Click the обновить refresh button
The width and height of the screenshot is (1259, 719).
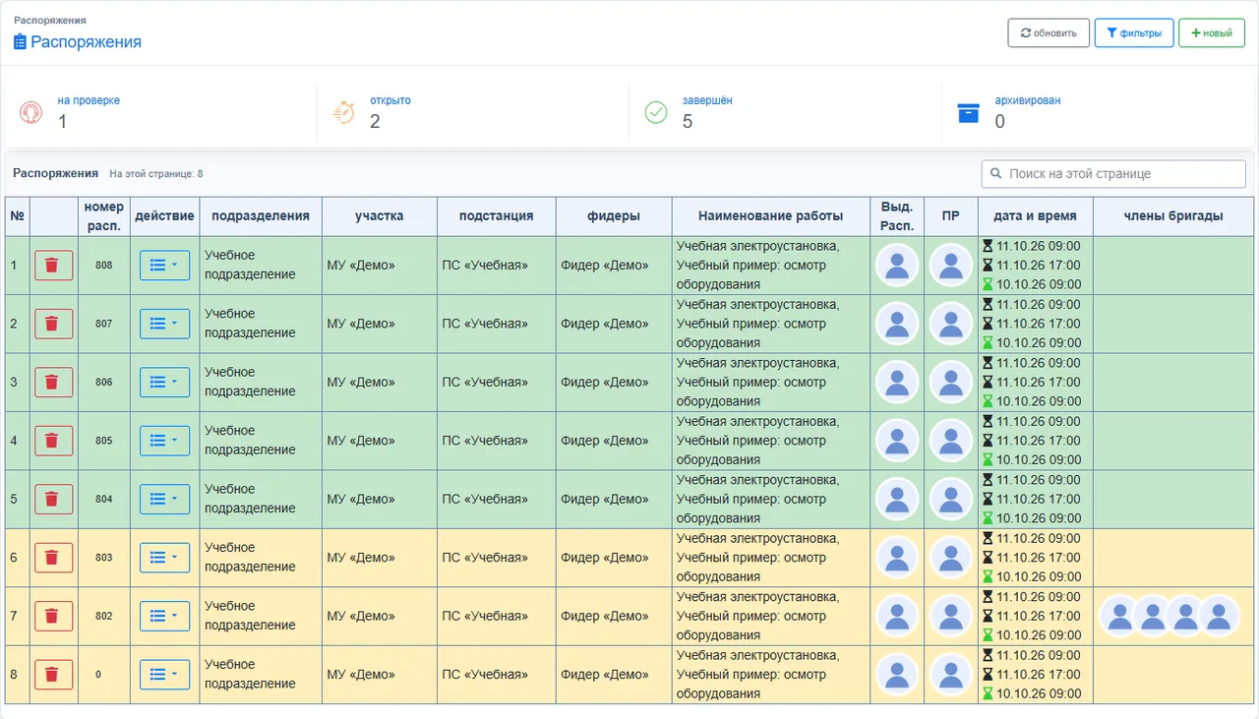click(1049, 32)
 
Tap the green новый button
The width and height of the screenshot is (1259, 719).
click(1211, 32)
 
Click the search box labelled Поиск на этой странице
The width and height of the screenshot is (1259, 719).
click(1113, 174)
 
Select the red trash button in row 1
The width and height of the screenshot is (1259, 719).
click(53, 265)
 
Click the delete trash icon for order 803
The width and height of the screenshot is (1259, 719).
click(53, 557)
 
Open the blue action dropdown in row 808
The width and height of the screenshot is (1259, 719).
click(164, 265)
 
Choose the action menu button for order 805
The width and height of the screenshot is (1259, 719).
click(164, 441)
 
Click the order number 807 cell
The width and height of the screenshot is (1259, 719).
click(103, 324)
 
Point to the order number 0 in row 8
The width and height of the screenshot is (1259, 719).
click(98, 675)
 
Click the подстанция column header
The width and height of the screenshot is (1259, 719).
click(496, 215)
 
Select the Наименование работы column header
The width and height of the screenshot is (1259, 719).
click(770, 215)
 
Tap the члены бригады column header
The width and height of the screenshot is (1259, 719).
click(1173, 215)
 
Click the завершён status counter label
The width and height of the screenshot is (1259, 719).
click(707, 100)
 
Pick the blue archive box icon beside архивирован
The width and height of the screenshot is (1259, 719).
click(969, 112)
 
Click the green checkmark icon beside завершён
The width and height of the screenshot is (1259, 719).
click(656, 112)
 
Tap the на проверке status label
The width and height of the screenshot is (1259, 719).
click(89, 100)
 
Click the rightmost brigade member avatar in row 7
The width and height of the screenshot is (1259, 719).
click(1219, 616)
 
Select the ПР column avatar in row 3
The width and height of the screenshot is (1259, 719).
click(950, 383)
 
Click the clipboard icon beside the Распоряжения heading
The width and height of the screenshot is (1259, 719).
click(20, 41)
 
